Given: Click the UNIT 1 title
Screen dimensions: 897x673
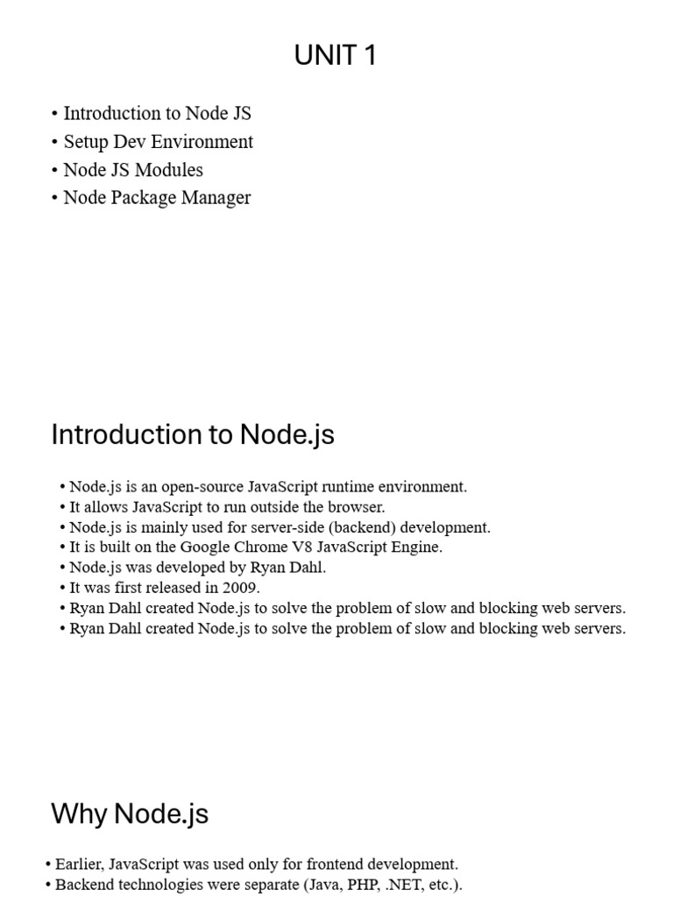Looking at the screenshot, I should point(336,56).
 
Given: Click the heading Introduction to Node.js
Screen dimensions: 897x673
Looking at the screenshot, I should point(193,434).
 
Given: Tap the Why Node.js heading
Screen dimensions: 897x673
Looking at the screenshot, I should point(130,814).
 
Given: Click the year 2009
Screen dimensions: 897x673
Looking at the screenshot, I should point(241,588).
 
